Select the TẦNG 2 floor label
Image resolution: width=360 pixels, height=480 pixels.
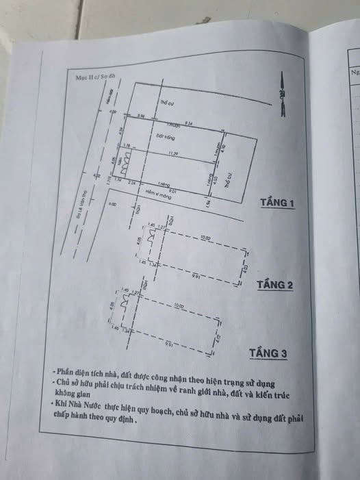pos(275,285)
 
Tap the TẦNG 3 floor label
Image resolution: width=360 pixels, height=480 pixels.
pos(268,353)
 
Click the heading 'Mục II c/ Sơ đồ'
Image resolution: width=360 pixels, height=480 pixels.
pos(96,78)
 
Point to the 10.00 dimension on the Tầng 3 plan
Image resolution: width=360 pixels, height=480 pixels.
pos(179,305)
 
